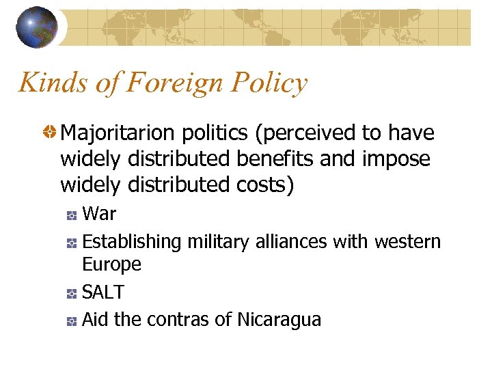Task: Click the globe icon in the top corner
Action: click(37, 27)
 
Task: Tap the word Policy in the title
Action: click(270, 83)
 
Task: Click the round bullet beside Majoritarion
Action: click(50, 132)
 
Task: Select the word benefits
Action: click(276, 159)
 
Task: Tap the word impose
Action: click(396, 159)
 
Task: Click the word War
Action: click(99, 214)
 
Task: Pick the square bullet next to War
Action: click(71, 215)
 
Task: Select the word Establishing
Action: click(131, 241)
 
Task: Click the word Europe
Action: click(111, 264)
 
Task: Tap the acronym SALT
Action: click(102, 292)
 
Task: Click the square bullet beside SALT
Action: click(71, 293)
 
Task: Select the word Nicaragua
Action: click(279, 319)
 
